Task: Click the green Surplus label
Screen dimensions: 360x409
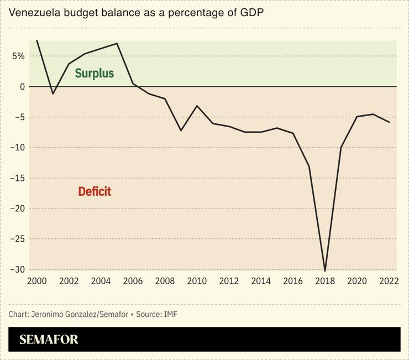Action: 94,73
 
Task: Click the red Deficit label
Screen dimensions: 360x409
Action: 94,191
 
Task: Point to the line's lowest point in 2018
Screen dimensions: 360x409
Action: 325,271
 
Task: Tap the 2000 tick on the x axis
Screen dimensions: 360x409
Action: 36,281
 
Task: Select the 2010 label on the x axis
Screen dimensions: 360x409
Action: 197,281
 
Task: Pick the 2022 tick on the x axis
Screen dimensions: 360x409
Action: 389,281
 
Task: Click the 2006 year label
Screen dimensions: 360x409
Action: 133,281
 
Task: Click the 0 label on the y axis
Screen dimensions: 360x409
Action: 23,87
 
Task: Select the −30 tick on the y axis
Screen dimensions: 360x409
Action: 17,269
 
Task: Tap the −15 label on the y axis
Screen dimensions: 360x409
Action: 17,178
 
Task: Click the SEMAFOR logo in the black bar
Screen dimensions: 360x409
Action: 49,340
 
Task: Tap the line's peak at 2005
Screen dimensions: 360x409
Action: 117,43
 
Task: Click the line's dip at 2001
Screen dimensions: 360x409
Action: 53,94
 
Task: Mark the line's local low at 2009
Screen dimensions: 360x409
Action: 181,131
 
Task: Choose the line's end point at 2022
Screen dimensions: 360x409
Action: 389,122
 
